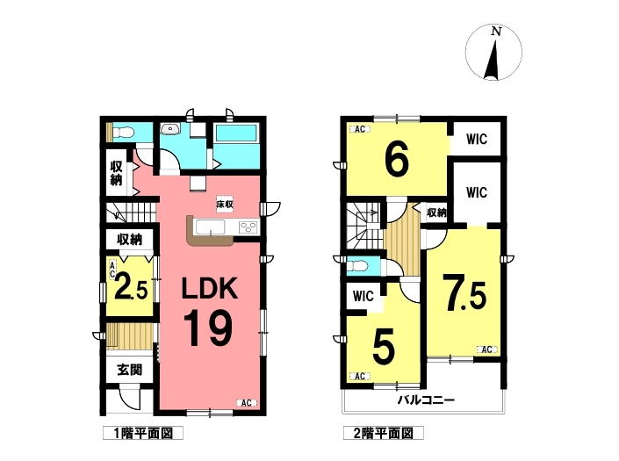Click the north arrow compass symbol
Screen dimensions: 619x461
(493, 52)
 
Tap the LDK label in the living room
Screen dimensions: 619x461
(209, 288)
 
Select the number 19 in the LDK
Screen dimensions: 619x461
(207, 328)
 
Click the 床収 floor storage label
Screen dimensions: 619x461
(224, 205)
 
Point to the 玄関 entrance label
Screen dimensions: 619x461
(129, 370)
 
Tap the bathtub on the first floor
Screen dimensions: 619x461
(236, 133)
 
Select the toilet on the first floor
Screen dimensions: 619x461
(122, 133)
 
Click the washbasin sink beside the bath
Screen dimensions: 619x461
(170, 128)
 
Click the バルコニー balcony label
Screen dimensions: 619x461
(426, 400)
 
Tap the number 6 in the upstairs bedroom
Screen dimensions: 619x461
(397, 161)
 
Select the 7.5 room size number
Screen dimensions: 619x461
(464, 292)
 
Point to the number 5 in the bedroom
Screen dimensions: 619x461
(384, 348)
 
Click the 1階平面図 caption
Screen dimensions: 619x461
(143, 433)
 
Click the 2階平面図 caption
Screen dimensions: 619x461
(384, 433)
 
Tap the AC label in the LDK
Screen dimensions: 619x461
(247, 403)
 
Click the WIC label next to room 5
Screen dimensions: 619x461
(363, 295)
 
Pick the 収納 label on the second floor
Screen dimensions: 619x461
(436, 212)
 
